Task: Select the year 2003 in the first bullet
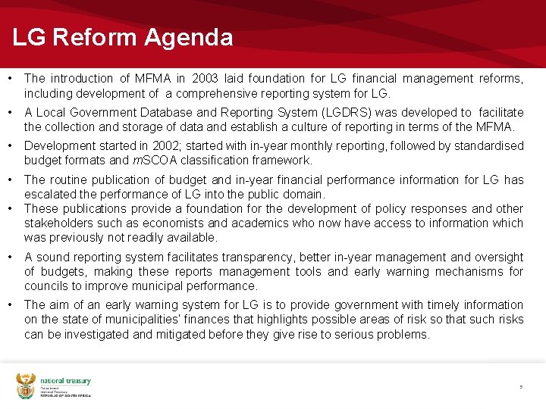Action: [207, 79]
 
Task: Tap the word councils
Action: [45, 286]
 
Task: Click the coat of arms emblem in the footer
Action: [26, 386]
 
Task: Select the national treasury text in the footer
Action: [65, 381]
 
